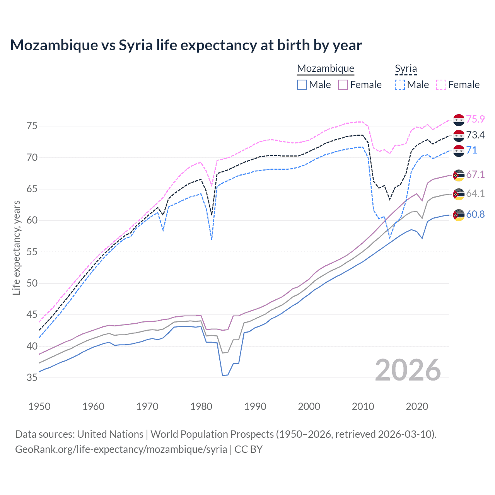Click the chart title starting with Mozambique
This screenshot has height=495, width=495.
coord(186,45)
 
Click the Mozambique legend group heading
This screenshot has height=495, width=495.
coord(325,68)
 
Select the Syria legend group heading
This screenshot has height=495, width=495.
coord(406,68)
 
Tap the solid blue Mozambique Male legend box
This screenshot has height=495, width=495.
coord(302,85)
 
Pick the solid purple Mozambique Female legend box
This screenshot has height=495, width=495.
coord(343,85)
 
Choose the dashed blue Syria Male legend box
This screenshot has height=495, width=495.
coord(400,85)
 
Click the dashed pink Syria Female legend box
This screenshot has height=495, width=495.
coord(441,85)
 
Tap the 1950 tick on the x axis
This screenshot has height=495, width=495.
coord(39,406)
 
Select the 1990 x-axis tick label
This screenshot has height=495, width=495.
coord(255,406)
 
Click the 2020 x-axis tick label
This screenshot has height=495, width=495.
coord(417,406)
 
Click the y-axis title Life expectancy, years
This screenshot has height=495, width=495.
coord(16,247)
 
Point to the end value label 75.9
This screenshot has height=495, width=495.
coord(475,119)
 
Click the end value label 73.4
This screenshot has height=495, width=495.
coord(475,135)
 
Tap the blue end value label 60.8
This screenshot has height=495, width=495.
coord(475,215)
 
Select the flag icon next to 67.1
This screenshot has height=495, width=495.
coord(459,175)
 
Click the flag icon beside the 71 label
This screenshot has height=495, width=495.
coord(459,150)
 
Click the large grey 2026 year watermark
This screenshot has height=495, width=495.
coord(408,370)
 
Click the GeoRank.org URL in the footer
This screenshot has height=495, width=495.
coord(121,449)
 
